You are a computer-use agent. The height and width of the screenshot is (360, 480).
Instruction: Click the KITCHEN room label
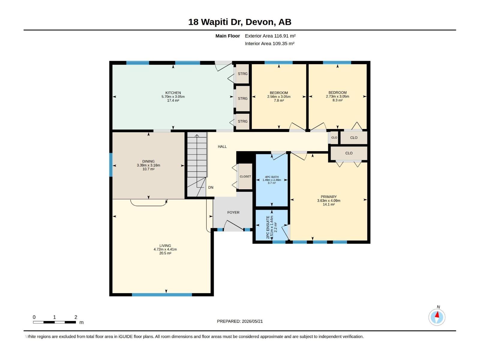tap(173, 93)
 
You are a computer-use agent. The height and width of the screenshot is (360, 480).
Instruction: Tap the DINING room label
tap(148, 161)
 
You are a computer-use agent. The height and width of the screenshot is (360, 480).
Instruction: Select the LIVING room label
tap(165, 245)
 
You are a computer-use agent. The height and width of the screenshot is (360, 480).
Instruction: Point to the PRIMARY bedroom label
tap(328, 197)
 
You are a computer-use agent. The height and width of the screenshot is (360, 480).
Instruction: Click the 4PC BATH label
tap(271, 177)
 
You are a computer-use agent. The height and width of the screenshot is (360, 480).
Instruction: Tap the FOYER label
tap(233, 212)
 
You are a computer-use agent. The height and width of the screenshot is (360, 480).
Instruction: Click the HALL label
tap(222, 146)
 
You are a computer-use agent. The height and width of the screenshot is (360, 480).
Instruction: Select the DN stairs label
tap(211, 187)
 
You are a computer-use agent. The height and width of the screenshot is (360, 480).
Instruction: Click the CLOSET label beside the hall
tap(245, 176)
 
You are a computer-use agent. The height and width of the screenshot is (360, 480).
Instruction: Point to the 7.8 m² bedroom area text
tap(279, 100)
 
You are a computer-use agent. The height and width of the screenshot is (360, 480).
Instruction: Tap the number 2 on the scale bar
tap(76, 317)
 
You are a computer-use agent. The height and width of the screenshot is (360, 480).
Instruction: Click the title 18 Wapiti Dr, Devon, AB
tap(240, 22)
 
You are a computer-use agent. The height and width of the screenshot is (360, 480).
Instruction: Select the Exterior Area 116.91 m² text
tap(270, 36)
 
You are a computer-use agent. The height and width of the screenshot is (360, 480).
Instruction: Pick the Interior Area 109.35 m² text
tap(269, 43)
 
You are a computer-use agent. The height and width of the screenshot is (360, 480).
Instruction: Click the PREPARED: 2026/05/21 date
tap(240, 321)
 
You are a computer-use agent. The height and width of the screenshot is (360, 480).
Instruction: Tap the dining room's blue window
tap(111, 165)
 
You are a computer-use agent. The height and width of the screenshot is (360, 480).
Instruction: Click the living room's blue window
tap(162, 295)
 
